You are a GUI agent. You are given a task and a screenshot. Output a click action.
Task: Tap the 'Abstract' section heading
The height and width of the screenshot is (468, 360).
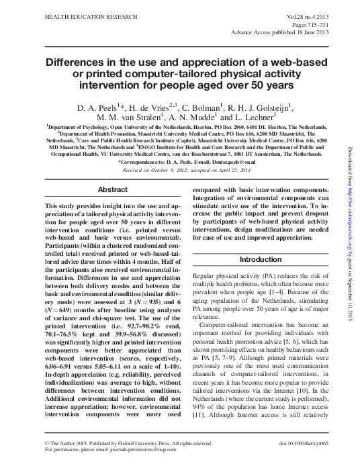point(112,190)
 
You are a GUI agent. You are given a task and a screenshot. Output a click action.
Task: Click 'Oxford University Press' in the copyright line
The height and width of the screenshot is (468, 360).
point(150,444)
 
